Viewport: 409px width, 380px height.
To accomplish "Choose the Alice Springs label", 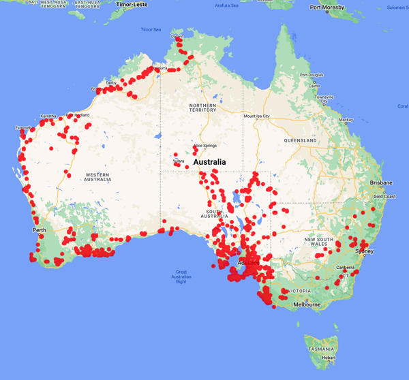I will click(205, 146).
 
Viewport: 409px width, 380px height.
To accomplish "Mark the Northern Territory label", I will click(202, 109).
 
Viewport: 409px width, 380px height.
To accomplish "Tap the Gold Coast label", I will click(384, 196).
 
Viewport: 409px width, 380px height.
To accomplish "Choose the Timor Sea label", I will click(151, 30).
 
